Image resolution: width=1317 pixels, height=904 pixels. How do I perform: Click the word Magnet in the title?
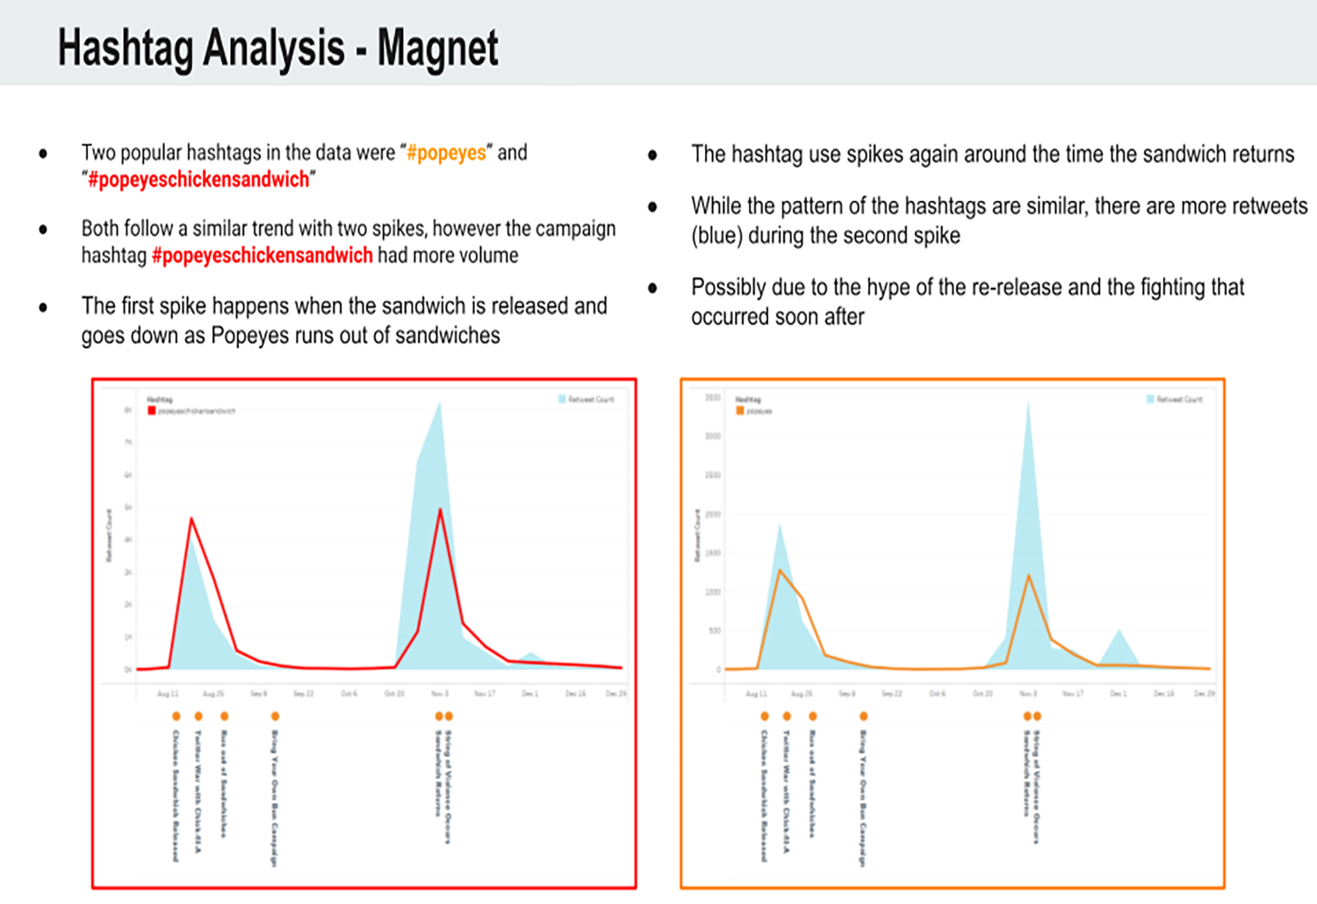coord(437,48)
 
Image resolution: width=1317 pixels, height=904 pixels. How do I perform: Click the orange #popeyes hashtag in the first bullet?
coord(446,153)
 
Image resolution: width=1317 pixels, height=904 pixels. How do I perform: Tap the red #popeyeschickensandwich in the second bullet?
coord(262,255)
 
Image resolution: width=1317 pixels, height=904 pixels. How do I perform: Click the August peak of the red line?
coord(191,520)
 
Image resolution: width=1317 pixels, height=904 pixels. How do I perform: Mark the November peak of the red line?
coord(440,510)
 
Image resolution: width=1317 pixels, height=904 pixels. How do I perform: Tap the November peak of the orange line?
coord(1028,575)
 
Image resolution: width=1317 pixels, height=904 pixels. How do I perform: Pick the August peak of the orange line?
coord(780,570)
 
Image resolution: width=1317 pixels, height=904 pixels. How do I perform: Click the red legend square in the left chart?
coord(152,411)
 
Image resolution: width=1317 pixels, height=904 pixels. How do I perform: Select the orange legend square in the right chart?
coord(740,411)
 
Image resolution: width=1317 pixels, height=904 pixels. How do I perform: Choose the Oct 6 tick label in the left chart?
coord(349,693)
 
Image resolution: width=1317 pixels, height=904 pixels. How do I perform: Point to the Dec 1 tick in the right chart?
coord(1118,693)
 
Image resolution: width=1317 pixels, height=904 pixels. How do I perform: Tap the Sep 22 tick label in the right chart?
coord(892,693)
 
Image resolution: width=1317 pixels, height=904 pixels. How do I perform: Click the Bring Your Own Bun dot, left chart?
coord(275,716)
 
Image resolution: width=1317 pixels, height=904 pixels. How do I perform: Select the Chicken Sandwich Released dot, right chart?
coord(765,716)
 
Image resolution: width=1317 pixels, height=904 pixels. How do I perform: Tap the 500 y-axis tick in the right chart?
coord(714,630)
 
